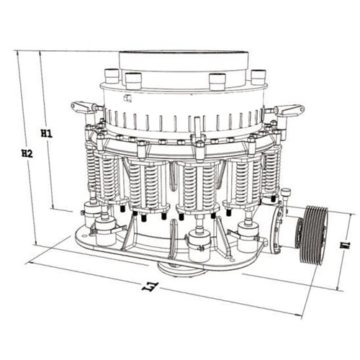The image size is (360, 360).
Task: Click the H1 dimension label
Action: coord(46,133)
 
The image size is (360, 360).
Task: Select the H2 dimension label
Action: coord(27,153)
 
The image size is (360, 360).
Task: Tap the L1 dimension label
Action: coord(150,287)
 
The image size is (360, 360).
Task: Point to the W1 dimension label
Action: coord(346,245)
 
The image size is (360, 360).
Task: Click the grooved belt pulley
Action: coord(314,235)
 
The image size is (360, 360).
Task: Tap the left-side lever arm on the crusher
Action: coord(85,107)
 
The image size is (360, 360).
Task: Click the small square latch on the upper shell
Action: coord(127,98)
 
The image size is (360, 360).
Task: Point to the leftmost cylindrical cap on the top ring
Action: coord(112,76)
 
